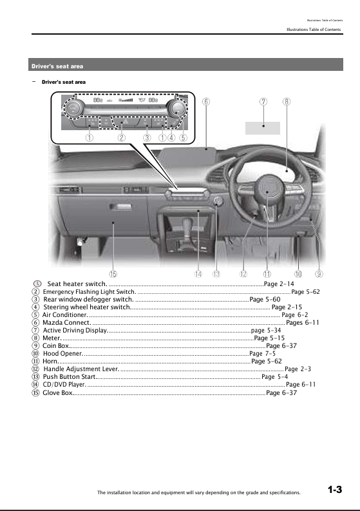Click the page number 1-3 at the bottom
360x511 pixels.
(334, 490)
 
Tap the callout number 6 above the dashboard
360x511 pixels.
(205, 101)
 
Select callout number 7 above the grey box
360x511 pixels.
(263, 101)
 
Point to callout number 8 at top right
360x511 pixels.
(286, 101)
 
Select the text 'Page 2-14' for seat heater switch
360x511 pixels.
(279, 284)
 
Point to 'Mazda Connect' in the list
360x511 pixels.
(66, 323)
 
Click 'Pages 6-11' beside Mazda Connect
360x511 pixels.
(303, 323)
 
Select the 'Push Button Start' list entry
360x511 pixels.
(70, 377)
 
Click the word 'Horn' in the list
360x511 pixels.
(50, 362)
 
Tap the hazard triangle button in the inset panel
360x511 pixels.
(125, 121)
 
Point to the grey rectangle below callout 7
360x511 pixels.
(263, 126)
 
